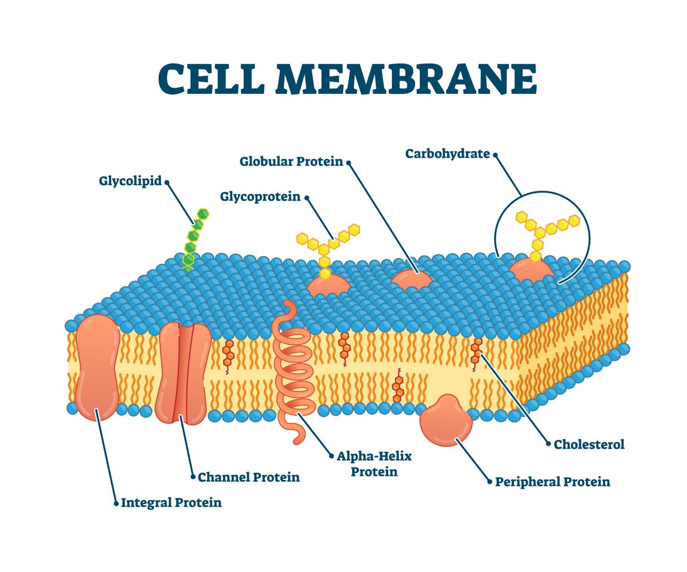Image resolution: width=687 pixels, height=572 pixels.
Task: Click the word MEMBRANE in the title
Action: pos(406,79)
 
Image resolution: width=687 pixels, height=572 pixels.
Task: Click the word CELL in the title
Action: pos(211,79)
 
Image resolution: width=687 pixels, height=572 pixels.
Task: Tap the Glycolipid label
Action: pos(130,181)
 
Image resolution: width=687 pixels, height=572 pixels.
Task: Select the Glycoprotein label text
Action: pos(260,197)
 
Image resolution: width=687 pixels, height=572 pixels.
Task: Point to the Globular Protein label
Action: pos(291,162)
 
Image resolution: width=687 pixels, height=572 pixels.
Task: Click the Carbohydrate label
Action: pos(448,154)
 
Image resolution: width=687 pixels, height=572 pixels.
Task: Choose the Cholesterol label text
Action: pos(589,444)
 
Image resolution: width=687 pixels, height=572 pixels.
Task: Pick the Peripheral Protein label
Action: pos(553,482)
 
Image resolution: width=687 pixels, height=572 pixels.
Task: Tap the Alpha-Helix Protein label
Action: pos(375,464)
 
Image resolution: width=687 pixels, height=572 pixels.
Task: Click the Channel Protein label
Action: pos(249,477)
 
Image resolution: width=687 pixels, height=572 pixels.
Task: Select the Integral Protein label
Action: pos(171,503)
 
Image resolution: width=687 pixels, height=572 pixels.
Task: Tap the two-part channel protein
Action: pos(183,373)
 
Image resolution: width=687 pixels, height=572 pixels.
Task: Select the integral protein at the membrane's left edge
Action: pos(97,367)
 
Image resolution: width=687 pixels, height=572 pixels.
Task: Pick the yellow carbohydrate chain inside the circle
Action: pos(544,229)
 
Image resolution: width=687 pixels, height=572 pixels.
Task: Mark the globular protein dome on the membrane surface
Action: pos(411,279)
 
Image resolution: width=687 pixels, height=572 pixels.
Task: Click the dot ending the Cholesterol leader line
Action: pos(548,444)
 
